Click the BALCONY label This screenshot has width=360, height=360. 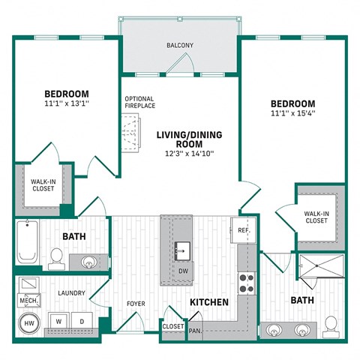[180, 46]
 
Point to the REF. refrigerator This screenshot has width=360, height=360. [243, 230]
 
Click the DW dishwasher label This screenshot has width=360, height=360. [182, 271]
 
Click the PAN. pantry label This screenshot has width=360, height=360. [194, 330]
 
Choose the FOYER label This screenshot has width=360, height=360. [136, 304]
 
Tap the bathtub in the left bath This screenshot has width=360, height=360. [27, 242]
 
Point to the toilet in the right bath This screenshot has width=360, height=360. [330, 324]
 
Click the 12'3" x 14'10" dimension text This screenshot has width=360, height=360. [185, 153]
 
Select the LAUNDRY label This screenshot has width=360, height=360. [70, 292]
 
